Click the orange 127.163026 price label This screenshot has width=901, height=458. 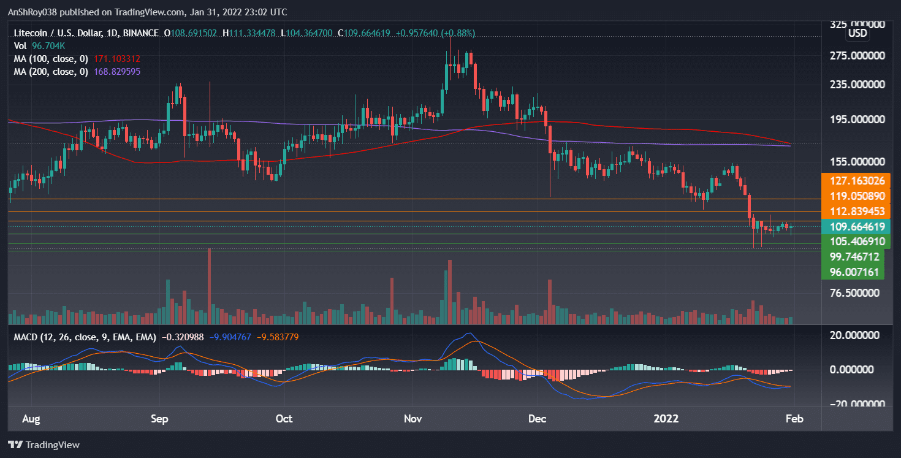coord(856,181)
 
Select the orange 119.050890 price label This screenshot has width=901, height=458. coord(856,196)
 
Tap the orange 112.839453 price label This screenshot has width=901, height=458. coord(856,212)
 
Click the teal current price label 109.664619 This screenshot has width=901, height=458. coord(856,226)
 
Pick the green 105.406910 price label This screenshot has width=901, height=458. coord(856,241)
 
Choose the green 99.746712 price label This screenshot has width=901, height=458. coord(856,256)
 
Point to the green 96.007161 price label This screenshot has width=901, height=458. coord(856,271)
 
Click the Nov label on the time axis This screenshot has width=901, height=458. coord(413,419)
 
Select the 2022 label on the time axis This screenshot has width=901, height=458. coord(666,419)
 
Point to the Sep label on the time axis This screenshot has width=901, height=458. coord(159,419)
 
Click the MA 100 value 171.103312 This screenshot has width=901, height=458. coord(117,59)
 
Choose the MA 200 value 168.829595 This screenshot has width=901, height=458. coord(117,72)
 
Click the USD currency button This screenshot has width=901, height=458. coord(857,33)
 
